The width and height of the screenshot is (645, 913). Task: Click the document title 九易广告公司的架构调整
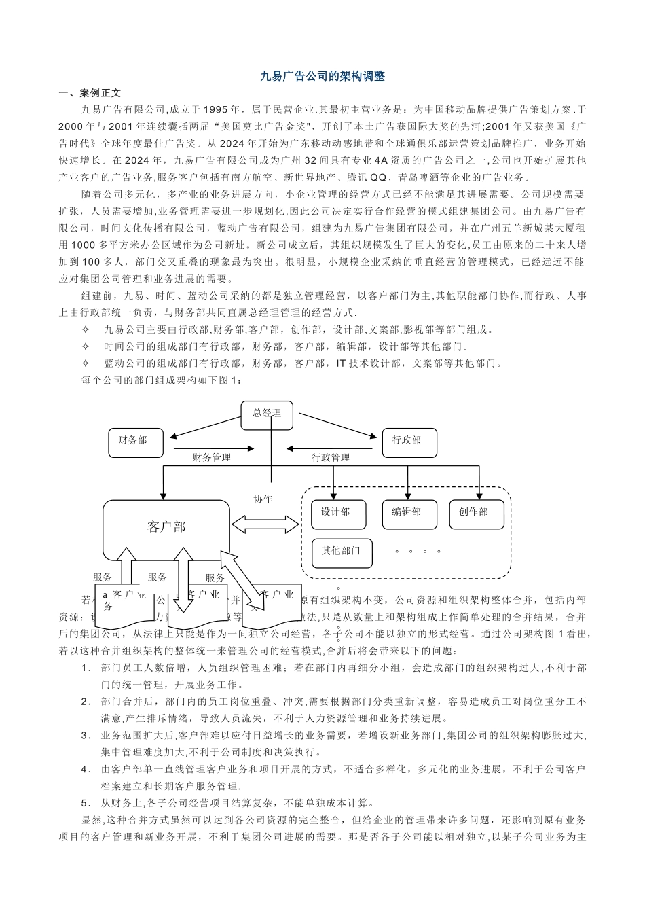(x=322, y=77)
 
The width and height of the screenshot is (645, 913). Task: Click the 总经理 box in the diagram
(x=267, y=414)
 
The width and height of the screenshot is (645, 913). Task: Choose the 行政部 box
(x=409, y=442)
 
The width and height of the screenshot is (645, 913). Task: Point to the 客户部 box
(x=166, y=527)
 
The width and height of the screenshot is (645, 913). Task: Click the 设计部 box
(x=338, y=514)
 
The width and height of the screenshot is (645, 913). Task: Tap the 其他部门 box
(x=342, y=552)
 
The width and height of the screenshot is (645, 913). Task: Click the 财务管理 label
(x=211, y=459)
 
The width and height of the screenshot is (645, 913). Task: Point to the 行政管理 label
(x=331, y=459)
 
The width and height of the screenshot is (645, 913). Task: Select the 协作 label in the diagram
(x=263, y=499)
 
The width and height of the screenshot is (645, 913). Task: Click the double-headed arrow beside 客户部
(x=265, y=524)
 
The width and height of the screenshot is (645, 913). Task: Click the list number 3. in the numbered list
(x=86, y=736)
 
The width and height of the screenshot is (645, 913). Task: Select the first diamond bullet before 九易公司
(x=86, y=330)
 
